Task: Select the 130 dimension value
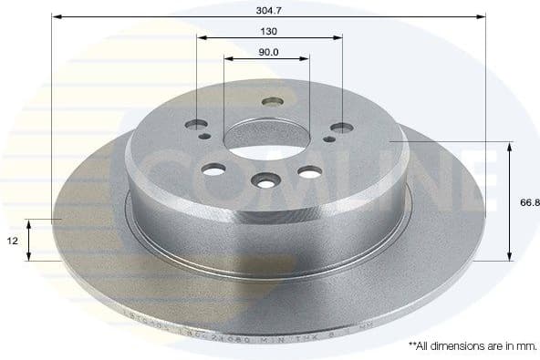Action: coord(269,30)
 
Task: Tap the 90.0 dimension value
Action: coord(267,52)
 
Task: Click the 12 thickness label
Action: coord(12,240)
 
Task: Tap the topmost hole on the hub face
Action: coord(272,102)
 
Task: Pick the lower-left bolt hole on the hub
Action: coord(215,170)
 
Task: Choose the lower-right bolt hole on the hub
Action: coord(310,171)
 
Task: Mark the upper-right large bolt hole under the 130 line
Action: coord(342,128)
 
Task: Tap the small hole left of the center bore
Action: coord(204,136)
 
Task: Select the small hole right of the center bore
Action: coord(328,139)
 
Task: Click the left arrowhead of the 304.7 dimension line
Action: coord(55,16)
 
